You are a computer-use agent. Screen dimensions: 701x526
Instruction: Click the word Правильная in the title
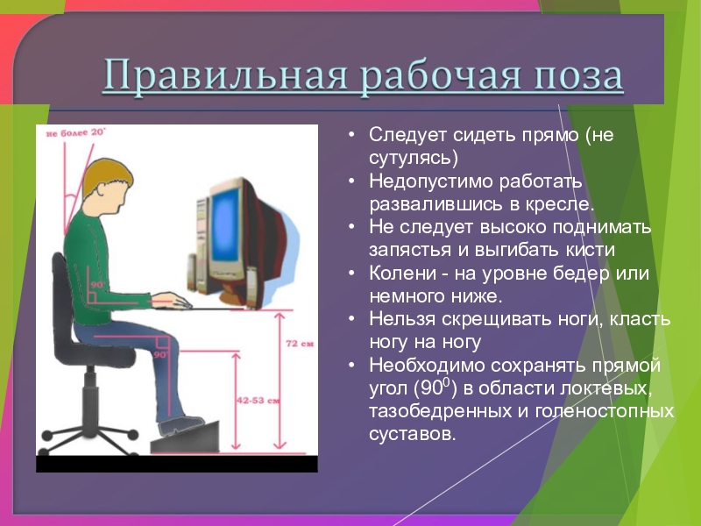coord(226,75)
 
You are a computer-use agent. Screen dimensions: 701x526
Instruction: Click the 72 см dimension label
coord(300,344)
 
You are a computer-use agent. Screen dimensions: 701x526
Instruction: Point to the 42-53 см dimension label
coord(258,401)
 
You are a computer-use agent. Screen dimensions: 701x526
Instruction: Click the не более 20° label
coord(75,132)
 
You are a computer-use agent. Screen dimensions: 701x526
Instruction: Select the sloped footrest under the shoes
coord(185,437)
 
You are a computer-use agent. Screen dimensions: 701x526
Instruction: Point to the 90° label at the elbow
coord(97,284)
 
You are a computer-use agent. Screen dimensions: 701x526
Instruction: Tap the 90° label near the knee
coord(160,355)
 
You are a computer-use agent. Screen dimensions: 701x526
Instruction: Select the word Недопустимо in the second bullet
coord(430,182)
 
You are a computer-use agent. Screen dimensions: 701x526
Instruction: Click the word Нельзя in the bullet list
coord(402,319)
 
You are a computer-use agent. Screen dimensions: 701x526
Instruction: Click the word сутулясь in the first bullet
coord(410,159)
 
